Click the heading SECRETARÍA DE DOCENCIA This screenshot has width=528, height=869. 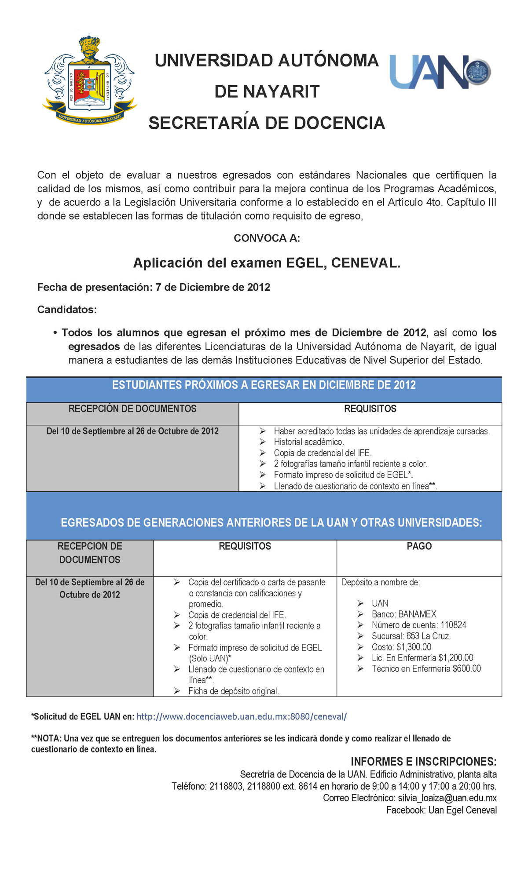[x=267, y=123]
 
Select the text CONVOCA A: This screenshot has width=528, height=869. [x=267, y=238]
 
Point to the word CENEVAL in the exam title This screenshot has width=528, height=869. [x=365, y=263]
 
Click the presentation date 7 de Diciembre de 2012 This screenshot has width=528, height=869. [x=213, y=287]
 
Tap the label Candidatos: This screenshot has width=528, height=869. [x=67, y=310]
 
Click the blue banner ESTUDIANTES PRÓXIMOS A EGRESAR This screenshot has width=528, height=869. [x=264, y=385]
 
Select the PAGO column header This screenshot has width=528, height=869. [x=419, y=546]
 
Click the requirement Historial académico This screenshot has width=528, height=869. [x=308, y=442]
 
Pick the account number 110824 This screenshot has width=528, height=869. [x=453, y=625]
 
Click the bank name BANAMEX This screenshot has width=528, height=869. [x=417, y=614]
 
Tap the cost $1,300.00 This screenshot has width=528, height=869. [x=414, y=647]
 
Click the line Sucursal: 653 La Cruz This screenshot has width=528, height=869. [x=411, y=636]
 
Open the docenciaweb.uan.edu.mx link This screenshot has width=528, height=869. [x=242, y=716]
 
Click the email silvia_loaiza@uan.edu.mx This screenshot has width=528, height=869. [x=447, y=798]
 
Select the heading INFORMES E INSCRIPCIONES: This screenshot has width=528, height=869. [x=423, y=762]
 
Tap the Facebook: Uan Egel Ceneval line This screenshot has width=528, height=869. [x=441, y=810]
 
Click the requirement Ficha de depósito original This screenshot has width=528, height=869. [x=234, y=691]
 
